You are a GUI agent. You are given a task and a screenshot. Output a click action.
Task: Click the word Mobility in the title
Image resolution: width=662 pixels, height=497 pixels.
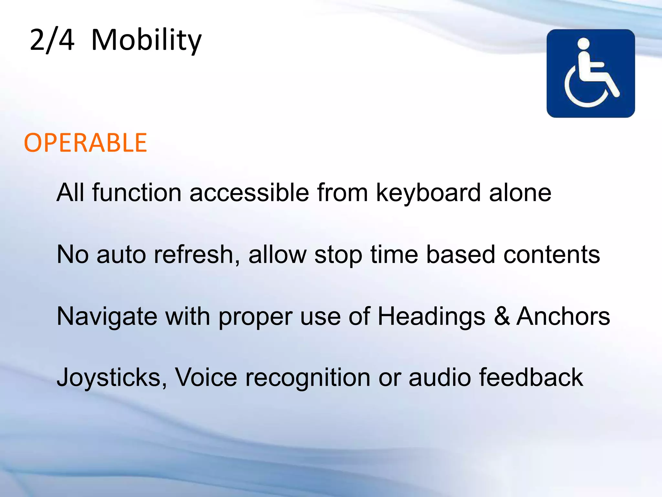[x=146, y=40]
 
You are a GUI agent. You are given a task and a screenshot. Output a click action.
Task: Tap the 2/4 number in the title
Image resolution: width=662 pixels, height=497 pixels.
[x=52, y=40]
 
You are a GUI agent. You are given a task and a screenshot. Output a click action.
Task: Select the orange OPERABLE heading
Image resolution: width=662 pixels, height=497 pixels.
[x=85, y=143]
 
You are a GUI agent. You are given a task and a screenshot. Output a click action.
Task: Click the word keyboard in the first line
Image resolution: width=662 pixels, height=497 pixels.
[x=428, y=193]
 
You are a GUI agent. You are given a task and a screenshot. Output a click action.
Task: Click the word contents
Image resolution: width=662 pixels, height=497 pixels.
[x=551, y=254]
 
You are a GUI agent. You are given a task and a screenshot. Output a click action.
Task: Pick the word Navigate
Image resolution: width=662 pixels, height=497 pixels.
[x=107, y=316]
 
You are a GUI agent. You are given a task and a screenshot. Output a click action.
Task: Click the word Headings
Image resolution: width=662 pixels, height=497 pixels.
[x=431, y=316]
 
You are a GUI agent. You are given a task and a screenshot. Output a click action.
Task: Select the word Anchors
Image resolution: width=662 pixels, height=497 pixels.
[x=563, y=316]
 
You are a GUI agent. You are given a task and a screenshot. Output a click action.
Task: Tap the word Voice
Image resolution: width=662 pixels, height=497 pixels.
[x=206, y=377]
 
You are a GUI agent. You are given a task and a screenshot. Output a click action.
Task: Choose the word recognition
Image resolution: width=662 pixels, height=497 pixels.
[x=308, y=377]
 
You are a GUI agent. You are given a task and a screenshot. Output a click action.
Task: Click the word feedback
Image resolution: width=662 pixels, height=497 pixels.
[x=531, y=377]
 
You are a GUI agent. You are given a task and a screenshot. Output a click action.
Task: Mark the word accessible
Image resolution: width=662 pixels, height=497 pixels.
[x=249, y=193]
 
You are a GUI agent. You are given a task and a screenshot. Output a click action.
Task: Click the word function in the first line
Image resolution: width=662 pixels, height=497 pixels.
[x=137, y=193]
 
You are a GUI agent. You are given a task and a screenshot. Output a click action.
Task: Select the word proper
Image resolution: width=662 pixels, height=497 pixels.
[x=255, y=316]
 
